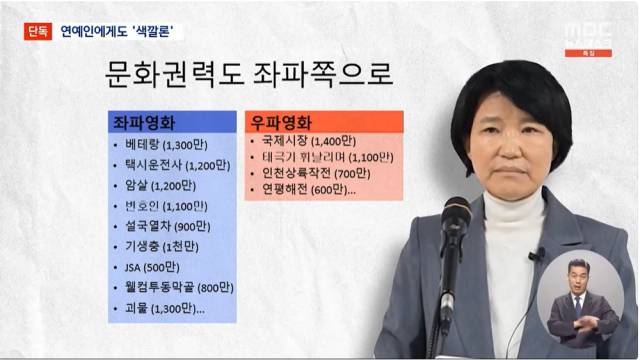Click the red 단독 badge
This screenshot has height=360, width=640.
(x=38, y=31)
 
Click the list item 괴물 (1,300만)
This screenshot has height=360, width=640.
(x=164, y=309)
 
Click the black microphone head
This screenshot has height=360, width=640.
(x=455, y=217)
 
